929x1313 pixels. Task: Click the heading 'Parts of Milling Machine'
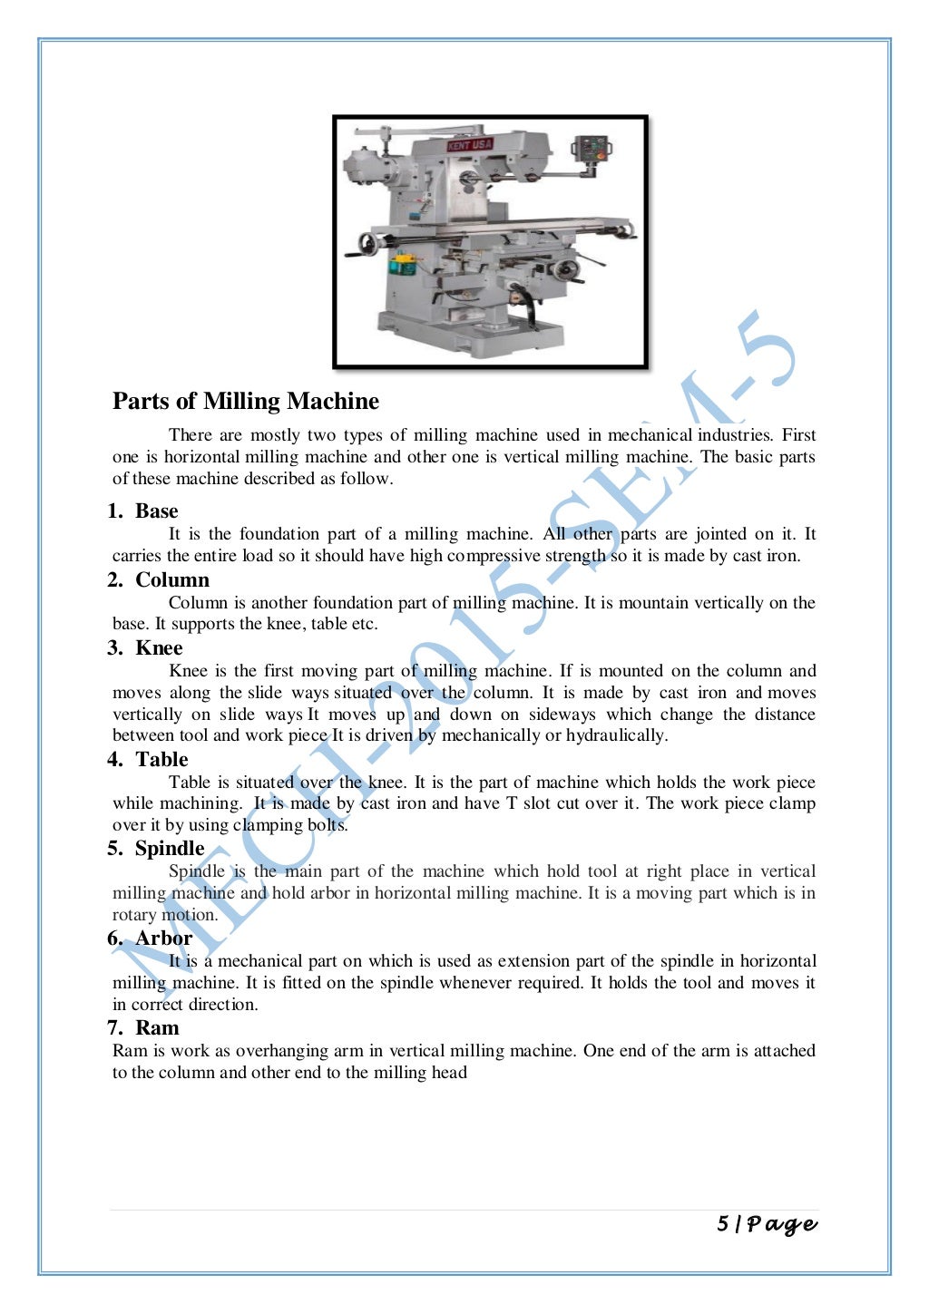point(246,401)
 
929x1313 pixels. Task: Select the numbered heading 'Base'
point(156,511)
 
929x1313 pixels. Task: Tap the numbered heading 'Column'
point(172,579)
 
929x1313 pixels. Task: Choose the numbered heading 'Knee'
point(159,647)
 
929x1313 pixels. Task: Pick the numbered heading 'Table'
point(161,759)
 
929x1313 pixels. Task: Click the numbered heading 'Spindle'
point(170,848)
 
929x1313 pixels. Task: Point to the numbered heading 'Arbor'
point(164,938)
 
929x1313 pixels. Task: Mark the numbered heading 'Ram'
point(157,1027)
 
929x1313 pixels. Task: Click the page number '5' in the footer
point(722,1224)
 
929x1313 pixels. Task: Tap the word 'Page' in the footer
point(782,1225)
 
